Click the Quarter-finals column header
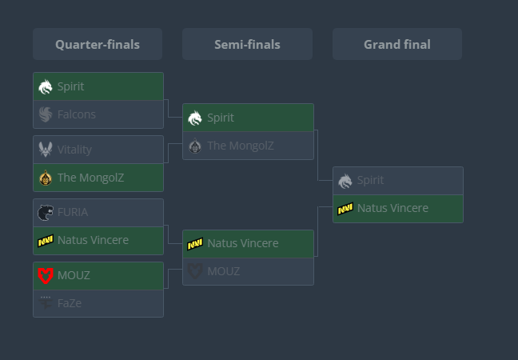click(x=98, y=45)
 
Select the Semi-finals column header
click(x=247, y=45)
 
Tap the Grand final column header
click(x=396, y=45)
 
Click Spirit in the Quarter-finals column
click(x=98, y=86)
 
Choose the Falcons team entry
click(x=98, y=114)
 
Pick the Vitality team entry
click(x=98, y=150)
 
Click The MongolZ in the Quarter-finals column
click(x=98, y=178)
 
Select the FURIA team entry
click(x=98, y=213)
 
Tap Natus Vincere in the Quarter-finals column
click(x=98, y=240)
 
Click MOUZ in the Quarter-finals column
click(x=98, y=275)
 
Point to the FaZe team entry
click(x=98, y=303)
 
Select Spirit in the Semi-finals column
click(x=248, y=118)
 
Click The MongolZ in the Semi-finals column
click(x=248, y=146)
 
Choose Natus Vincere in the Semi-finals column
click(x=248, y=243)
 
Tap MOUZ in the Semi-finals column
click(x=248, y=271)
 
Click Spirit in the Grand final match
click(x=397, y=181)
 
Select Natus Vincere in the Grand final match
click(x=397, y=208)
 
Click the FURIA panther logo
click(x=46, y=213)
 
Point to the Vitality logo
click(x=46, y=150)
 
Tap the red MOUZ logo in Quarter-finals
click(x=46, y=275)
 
